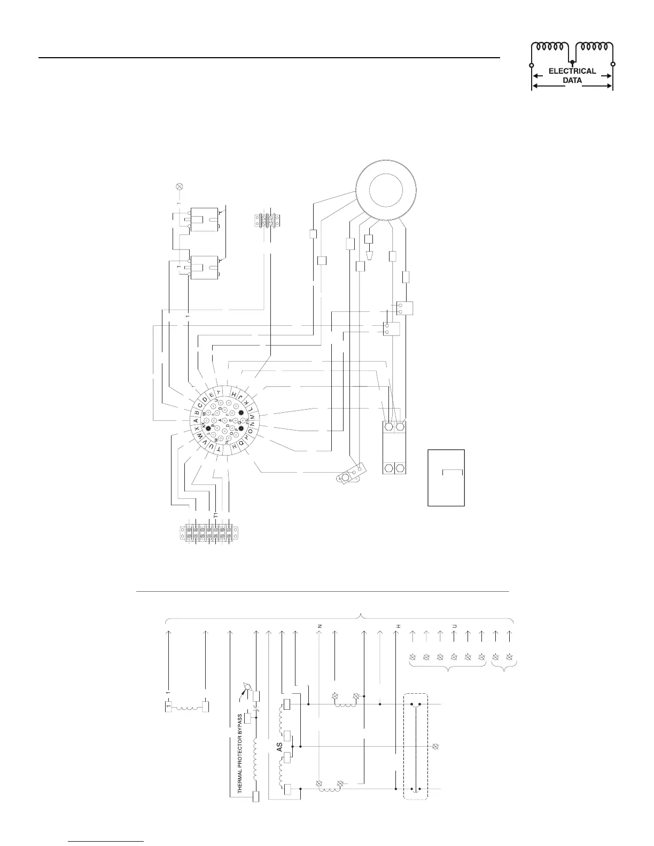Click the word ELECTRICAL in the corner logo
572,71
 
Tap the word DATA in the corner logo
572,81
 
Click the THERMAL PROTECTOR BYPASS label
240,753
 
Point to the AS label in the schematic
279,746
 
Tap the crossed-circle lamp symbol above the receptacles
180,186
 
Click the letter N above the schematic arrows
320,625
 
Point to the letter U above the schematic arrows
454,625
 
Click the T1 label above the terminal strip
215,516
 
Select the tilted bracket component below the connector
352,474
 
